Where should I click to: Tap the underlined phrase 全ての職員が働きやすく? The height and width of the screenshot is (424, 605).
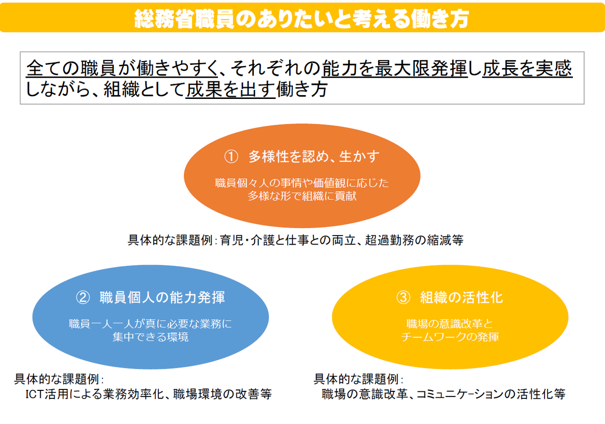click(x=122, y=69)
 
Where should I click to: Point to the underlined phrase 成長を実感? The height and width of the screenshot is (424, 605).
click(x=527, y=69)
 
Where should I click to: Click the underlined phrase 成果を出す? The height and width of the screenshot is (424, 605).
click(x=230, y=90)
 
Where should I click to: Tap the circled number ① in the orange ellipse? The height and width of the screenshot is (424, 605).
click(x=230, y=157)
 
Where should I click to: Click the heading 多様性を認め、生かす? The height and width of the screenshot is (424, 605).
click(x=314, y=157)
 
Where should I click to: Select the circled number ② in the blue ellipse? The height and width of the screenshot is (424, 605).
click(x=83, y=298)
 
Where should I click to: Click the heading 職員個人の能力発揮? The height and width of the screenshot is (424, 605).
click(x=162, y=298)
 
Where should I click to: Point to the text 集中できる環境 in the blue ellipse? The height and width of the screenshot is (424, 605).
click(x=150, y=337)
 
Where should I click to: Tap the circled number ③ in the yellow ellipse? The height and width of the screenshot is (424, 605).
click(x=403, y=298)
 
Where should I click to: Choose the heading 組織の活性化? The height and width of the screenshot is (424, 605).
click(x=462, y=298)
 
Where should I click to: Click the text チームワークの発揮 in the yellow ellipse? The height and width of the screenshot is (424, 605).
click(x=450, y=337)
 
